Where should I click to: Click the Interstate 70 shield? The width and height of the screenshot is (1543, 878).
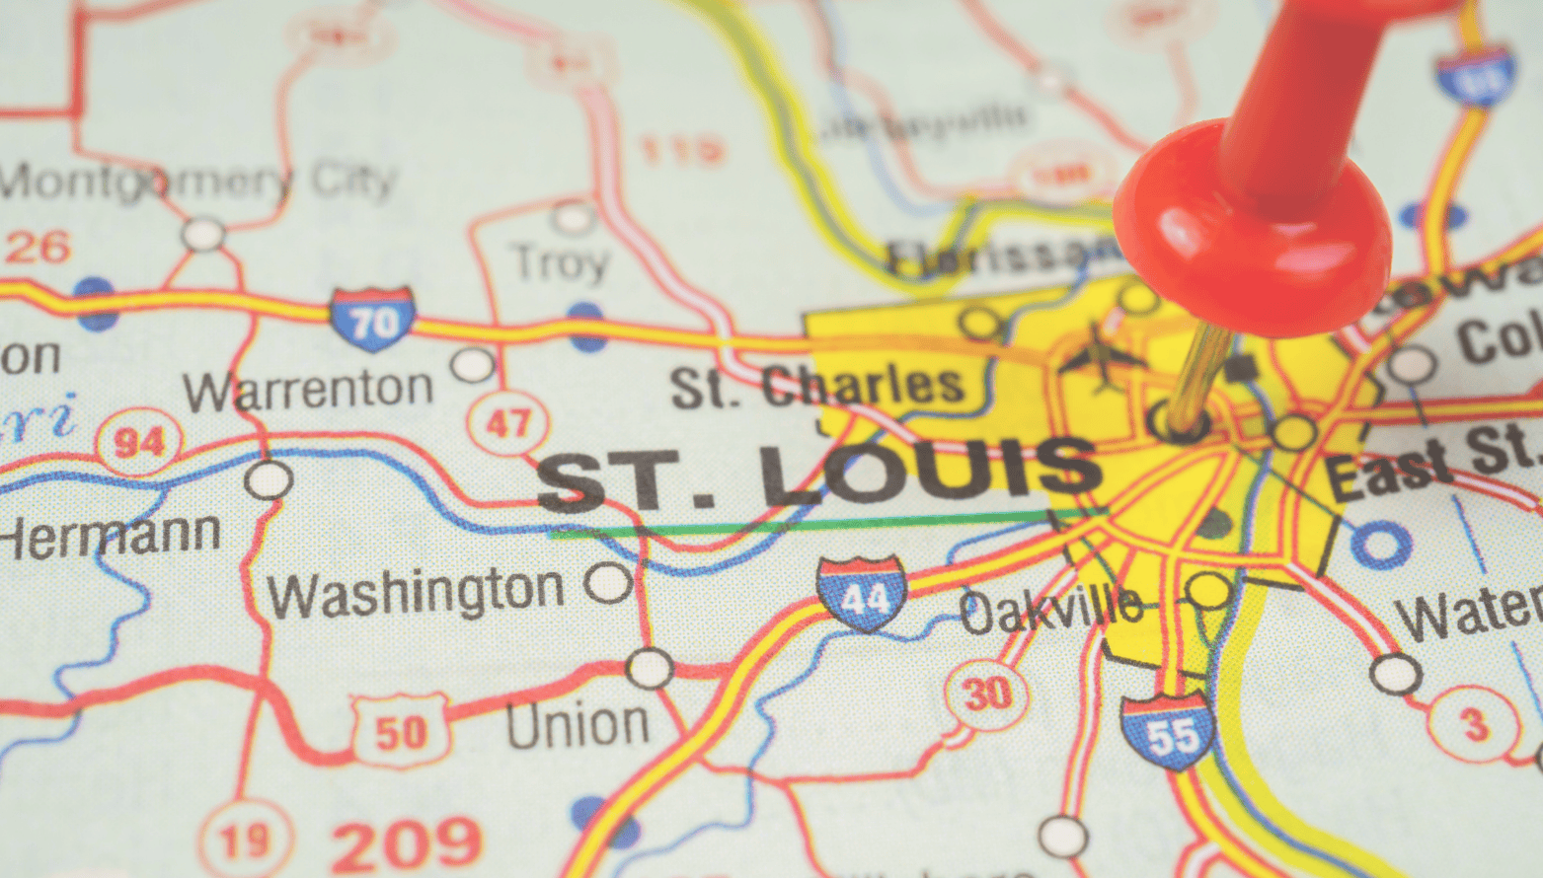[372, 319]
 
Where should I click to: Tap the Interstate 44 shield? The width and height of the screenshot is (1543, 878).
[862, 593]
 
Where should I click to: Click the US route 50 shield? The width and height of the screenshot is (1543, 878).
[400, 731]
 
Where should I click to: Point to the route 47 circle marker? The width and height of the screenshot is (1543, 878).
[507, 423]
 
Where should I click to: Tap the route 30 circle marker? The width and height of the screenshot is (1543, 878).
[986, 695]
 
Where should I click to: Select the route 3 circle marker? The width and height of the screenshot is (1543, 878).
[1475, 725]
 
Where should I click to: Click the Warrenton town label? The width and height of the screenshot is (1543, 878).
[308, 390]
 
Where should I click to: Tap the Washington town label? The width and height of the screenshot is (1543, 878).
[416, 592]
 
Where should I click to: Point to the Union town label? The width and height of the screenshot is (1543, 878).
[578, 725]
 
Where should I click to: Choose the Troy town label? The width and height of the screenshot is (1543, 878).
[560, 262]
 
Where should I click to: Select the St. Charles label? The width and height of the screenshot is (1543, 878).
[816, 386]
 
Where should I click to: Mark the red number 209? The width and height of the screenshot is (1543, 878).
[406, 844]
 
